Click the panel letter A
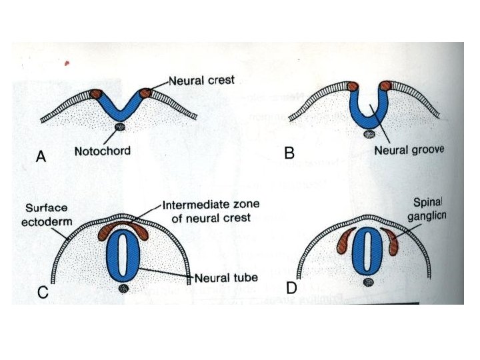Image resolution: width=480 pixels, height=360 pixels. point(41,157)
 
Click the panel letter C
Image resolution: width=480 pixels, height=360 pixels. point(42,291)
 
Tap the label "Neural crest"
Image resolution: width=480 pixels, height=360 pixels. point(201,81)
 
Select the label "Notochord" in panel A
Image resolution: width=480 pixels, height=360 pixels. point(102,151)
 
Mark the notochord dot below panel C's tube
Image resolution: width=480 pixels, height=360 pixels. point(123,289)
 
